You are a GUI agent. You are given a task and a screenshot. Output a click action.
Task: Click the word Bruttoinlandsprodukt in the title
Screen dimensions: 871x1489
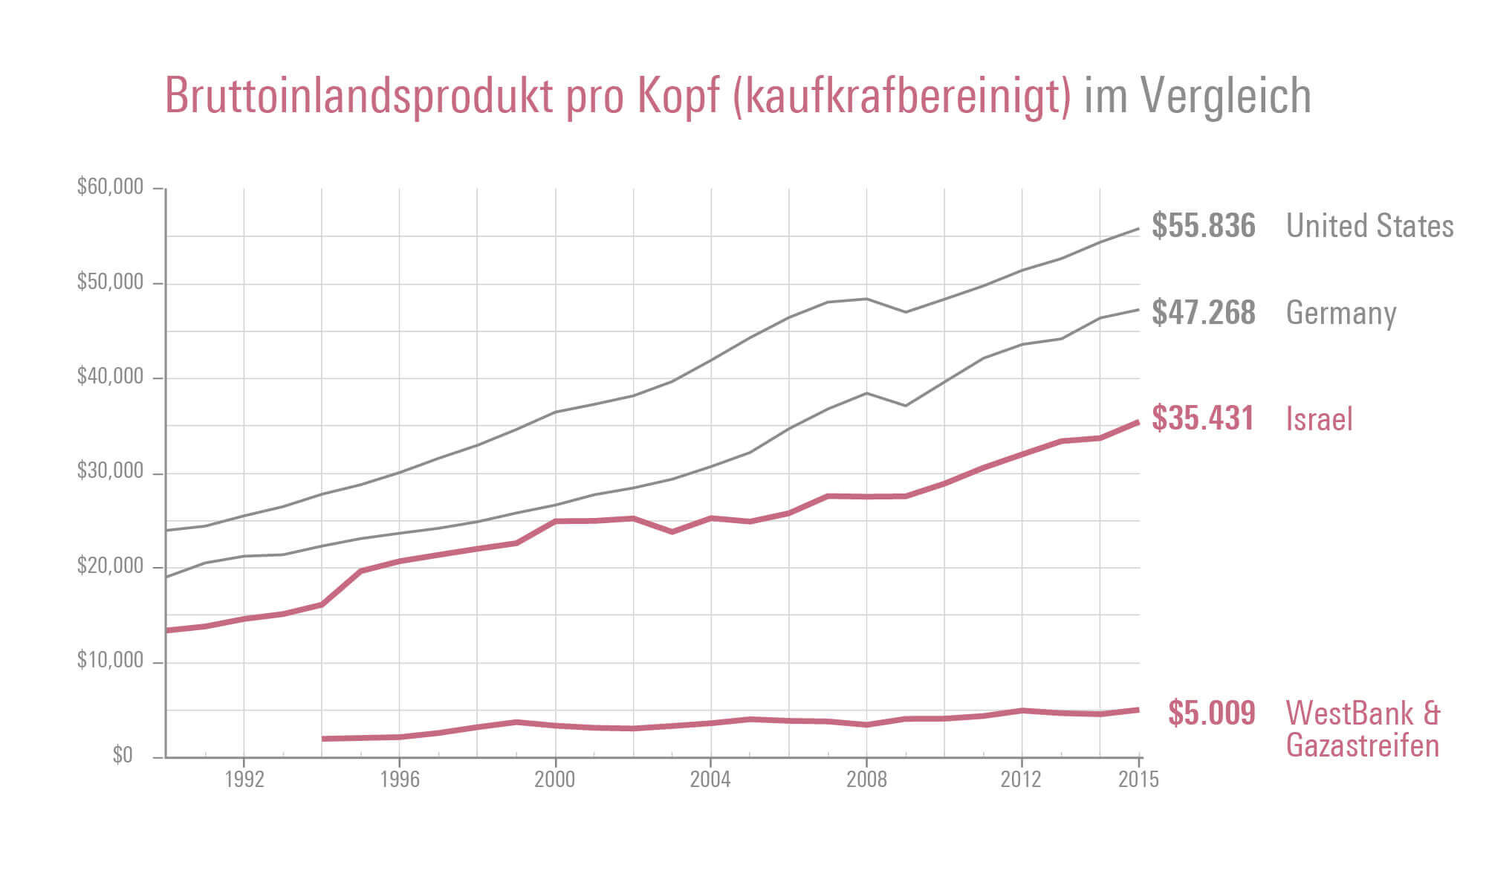(x=359, y=96)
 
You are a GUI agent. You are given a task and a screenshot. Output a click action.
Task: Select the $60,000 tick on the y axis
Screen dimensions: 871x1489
(x=110, y=187)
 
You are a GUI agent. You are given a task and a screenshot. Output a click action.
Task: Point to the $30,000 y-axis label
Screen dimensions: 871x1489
(x=110, y=471)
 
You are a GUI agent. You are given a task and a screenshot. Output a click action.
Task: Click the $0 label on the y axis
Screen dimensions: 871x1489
(x=123, y=756)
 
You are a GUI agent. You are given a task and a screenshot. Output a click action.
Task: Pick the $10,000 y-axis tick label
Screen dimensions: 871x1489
(x=110, y=661)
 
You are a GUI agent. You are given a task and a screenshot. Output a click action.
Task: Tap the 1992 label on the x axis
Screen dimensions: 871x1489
(x=244, y=780)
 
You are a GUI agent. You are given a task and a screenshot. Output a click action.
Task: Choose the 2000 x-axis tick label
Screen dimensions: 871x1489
(x=555, y=780)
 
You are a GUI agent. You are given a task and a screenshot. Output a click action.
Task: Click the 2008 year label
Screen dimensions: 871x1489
(x=866, y=780)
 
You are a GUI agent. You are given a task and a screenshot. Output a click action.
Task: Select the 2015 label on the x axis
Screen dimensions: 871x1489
(x=1138, y=780)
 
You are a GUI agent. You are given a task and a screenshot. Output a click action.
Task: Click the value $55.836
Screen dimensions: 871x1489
(x=1203, y=226)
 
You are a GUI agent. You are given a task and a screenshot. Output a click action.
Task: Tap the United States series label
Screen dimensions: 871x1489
(x=1369, y=226)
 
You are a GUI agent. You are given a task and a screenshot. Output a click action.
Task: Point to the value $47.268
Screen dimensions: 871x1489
(x=1203, y=313)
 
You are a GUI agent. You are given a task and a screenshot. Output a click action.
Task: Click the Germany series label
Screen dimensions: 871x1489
(x=1341, y=314)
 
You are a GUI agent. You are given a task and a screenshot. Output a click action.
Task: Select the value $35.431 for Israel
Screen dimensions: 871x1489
(x=1203, y=418)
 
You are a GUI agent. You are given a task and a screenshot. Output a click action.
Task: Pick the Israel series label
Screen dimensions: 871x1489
(x=1319, y=419)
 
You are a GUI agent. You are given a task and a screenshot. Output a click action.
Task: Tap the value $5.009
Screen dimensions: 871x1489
(x=1211, y=713)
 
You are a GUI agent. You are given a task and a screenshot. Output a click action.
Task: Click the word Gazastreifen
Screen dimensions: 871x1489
(x=1362, y=745)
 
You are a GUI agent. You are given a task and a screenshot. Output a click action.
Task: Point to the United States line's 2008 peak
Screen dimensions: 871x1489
(x=866, y=299)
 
